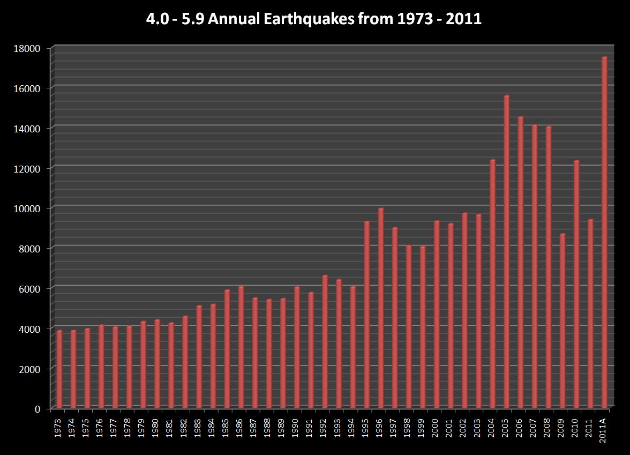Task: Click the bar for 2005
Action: [x=506, y=252]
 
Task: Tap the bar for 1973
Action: [x=59, y=370]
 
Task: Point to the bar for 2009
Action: [x=562, y=321]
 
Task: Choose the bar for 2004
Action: [x=492, y=284]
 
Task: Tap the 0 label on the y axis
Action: [x=37, y=408]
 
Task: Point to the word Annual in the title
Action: [x=247, y=20]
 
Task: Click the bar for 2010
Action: [x=576, y=285]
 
